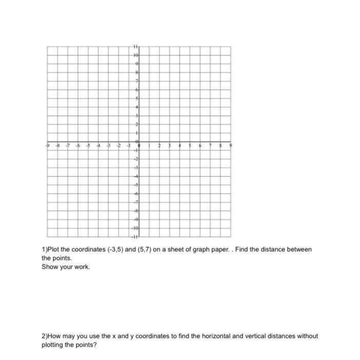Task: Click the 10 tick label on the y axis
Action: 136,54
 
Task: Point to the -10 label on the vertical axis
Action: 135,227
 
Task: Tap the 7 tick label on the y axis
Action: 137,81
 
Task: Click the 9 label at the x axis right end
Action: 230,146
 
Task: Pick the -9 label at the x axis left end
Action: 48,146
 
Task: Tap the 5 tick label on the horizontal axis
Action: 190,146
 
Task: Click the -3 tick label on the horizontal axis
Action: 108,146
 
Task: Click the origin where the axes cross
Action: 139,142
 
